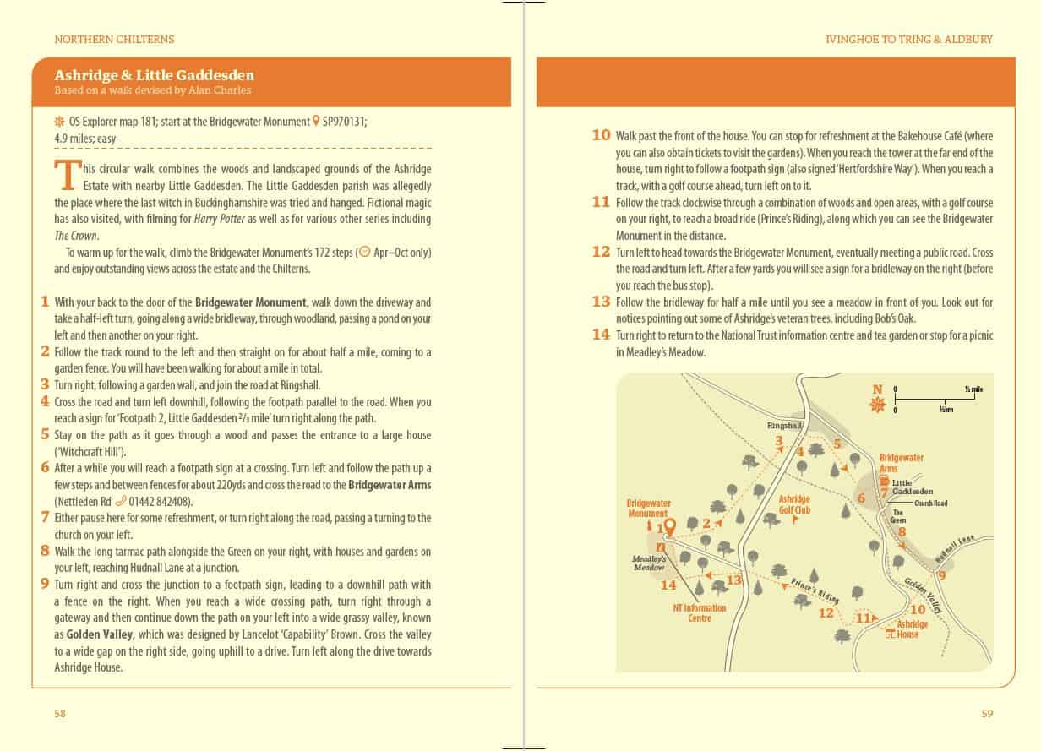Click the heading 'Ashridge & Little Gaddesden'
(x=153, y=75)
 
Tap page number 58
(x=60, y=713)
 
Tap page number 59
(x=987, y=713)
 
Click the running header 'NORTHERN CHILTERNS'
(x=113, y=39)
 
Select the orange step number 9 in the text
(x=44, y=584)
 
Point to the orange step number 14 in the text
(x=600, y=335)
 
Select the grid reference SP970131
(x=344, y=122)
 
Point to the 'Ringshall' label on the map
(x=784, y=425)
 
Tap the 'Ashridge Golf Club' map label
(x=794, y=504)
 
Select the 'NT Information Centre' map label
(x=699, y=612)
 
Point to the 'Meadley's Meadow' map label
(x=649, y=563)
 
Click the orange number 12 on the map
(x=826, y=613)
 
